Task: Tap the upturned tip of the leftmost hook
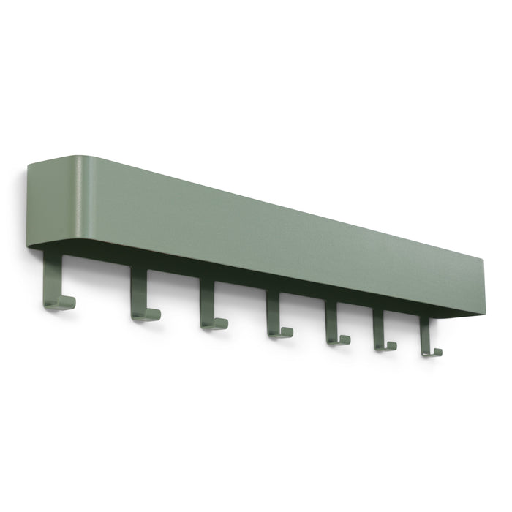click(72, 302)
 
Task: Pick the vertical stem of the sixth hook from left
click(378, 327)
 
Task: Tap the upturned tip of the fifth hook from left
click(347, 340)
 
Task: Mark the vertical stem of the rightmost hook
click(423, 334)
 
